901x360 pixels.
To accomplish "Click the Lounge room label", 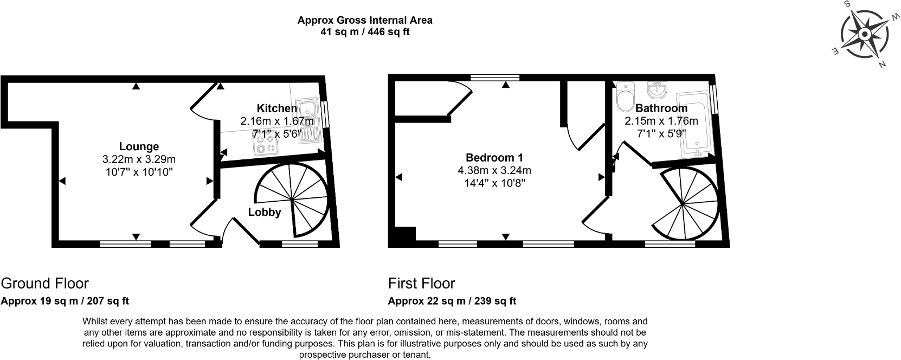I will [139, 146].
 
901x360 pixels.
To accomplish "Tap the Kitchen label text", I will [276, 108].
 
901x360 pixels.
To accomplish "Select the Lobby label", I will [264, 212].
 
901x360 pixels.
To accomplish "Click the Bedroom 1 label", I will [494, 158].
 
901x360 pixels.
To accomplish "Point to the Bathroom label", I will [661, 108].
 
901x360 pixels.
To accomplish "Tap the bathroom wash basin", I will [659, 88].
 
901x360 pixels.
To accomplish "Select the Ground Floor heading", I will [44, 283].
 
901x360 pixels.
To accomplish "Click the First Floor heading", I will [421, 283].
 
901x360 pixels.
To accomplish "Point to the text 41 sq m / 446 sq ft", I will [365, 31].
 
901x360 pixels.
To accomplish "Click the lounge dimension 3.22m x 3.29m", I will [139, 159].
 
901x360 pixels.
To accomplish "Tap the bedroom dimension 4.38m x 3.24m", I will [494, 170].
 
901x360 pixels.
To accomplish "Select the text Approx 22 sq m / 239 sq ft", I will [452, 301].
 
